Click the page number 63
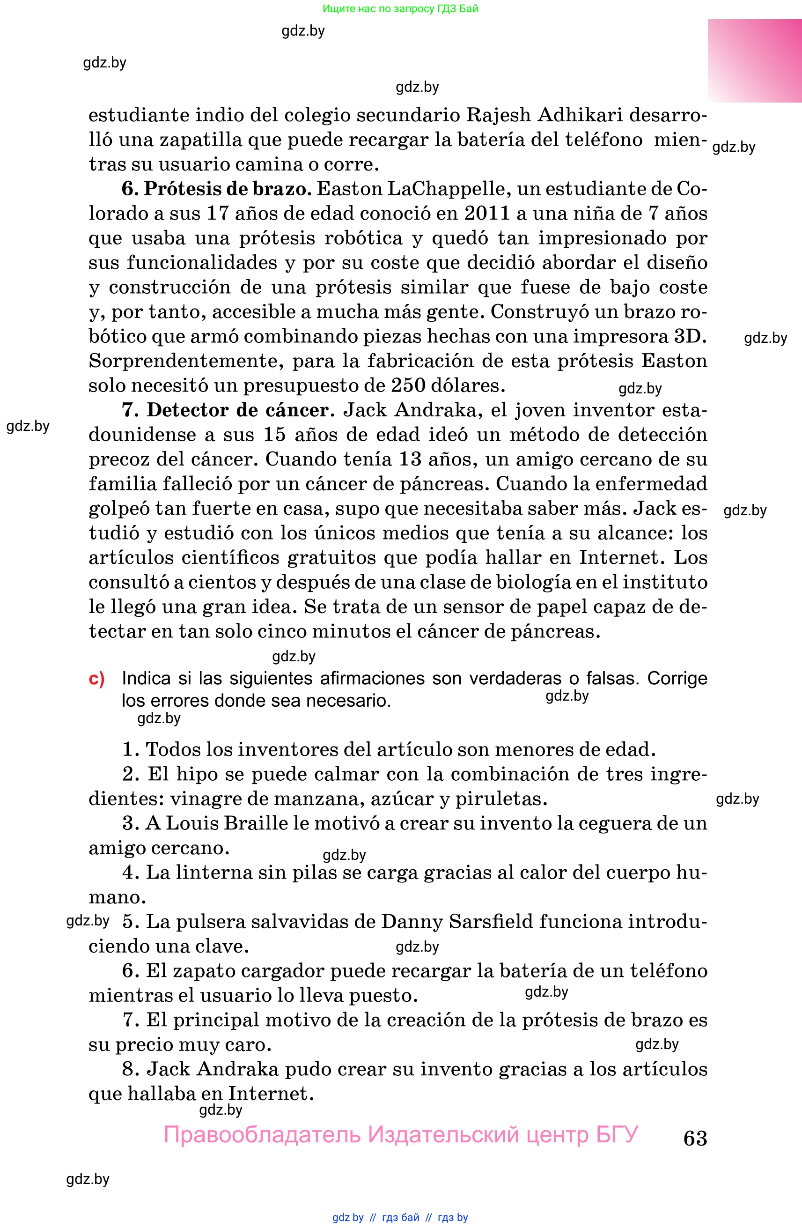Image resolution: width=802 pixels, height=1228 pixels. tap(695, 1138)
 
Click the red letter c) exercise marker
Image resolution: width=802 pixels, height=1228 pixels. tap(96, 679)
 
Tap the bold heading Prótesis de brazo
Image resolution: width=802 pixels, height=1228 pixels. tap(228, 189)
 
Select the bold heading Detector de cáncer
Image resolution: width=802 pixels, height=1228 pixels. tap(238, 410)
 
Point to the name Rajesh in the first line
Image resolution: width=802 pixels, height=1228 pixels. tap(498, 115)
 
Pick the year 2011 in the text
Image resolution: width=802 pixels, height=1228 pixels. tap(486, 213)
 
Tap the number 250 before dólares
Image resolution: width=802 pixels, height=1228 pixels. tap(408, 385)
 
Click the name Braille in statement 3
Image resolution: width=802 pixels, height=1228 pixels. tap(250, 823)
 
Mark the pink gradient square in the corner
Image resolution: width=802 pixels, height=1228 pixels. tap(754, 61)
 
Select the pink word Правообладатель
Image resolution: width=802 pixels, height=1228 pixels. tap(262, 1135)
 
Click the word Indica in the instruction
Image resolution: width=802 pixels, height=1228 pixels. tap(146, 679)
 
